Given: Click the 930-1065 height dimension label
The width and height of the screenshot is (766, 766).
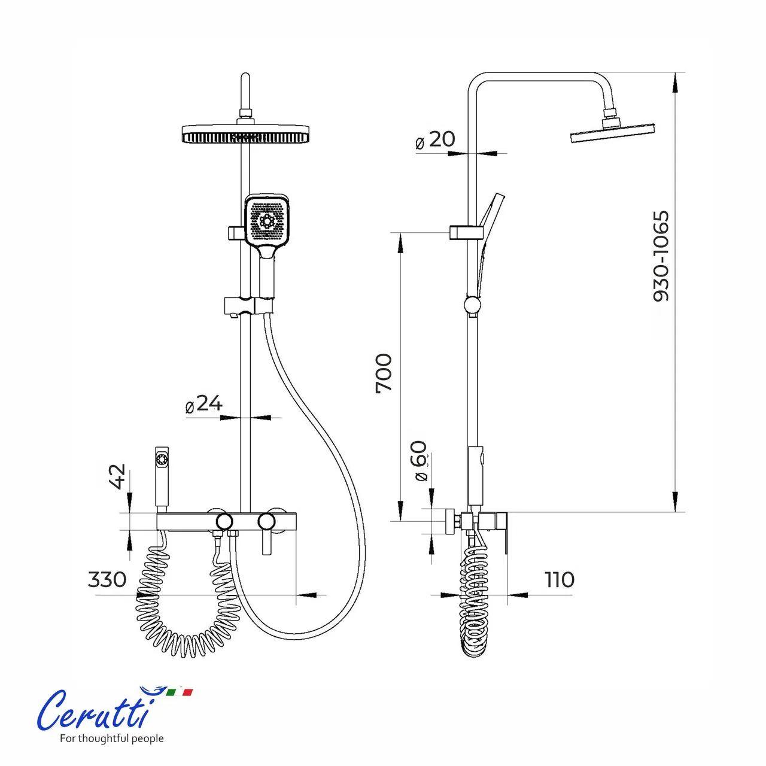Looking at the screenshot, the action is [661, 256].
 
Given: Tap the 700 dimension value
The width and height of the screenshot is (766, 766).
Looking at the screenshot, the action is [384, 373].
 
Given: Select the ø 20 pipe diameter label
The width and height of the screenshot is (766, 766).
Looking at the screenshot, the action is [435, 140].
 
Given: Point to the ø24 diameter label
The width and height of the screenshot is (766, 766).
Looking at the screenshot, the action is [204, 404].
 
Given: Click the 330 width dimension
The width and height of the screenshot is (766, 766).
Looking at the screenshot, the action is [107, 579].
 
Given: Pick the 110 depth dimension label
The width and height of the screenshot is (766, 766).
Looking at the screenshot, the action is [560, 579].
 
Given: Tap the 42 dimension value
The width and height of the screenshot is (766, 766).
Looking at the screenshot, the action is [118, 476].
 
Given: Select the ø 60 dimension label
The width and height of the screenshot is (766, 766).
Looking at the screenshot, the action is [421, 461].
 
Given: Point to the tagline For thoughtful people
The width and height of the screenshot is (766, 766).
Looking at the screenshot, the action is [112, 738].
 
